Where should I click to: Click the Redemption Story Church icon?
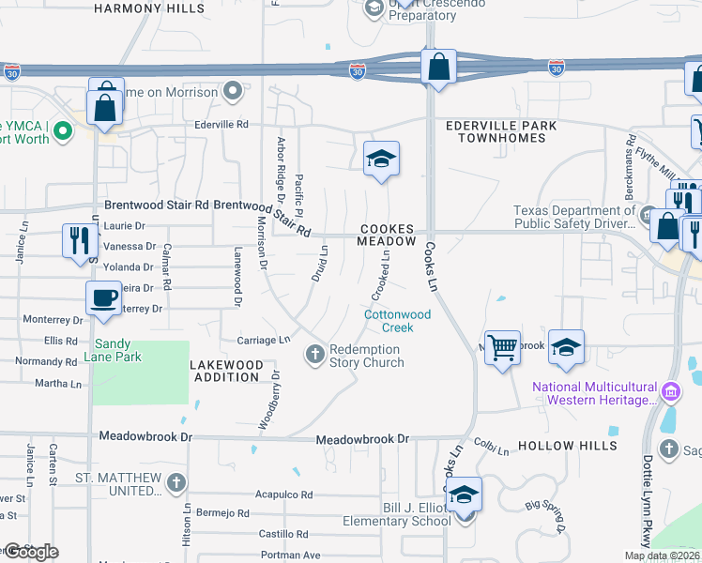(x=316, y=354)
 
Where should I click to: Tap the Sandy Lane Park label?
(x=125, y=351)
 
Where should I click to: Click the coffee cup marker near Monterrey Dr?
(x=103, y=297)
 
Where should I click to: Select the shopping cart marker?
(x=503, y=348)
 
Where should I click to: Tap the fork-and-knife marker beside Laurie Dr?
(x=78, y=239)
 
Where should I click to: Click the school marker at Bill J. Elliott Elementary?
(x=464, y=495)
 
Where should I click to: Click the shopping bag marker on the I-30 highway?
(x=438, y=67)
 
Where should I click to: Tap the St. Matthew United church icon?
(x=176, y=483)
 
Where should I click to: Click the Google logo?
(x=30, y=552)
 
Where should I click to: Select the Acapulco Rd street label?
(x=283, y=494)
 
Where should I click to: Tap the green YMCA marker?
(x=63, y=130)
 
